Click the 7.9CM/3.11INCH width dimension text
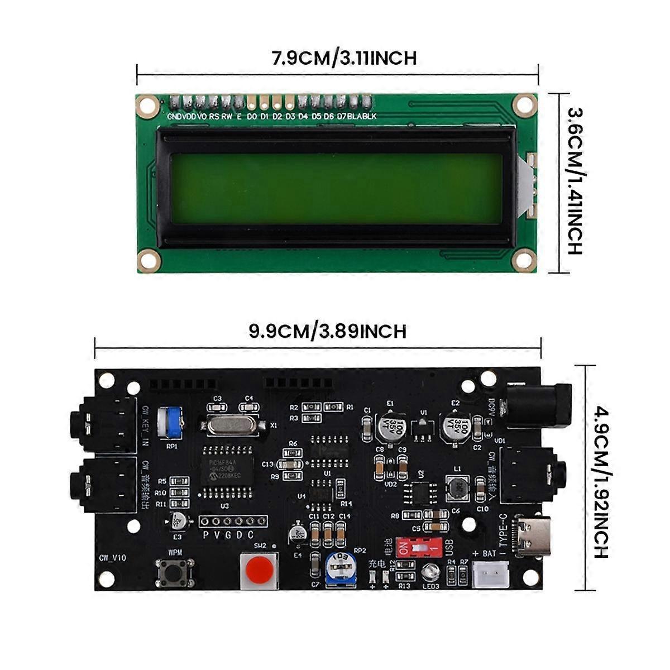(x=344, y=58)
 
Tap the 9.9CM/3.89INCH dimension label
(x=327, y=331)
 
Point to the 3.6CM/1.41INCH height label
(x=575, y=181)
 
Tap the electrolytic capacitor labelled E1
(x=391, y=425)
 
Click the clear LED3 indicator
(x=430, y=572)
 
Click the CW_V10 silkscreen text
(x=113, y=558)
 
